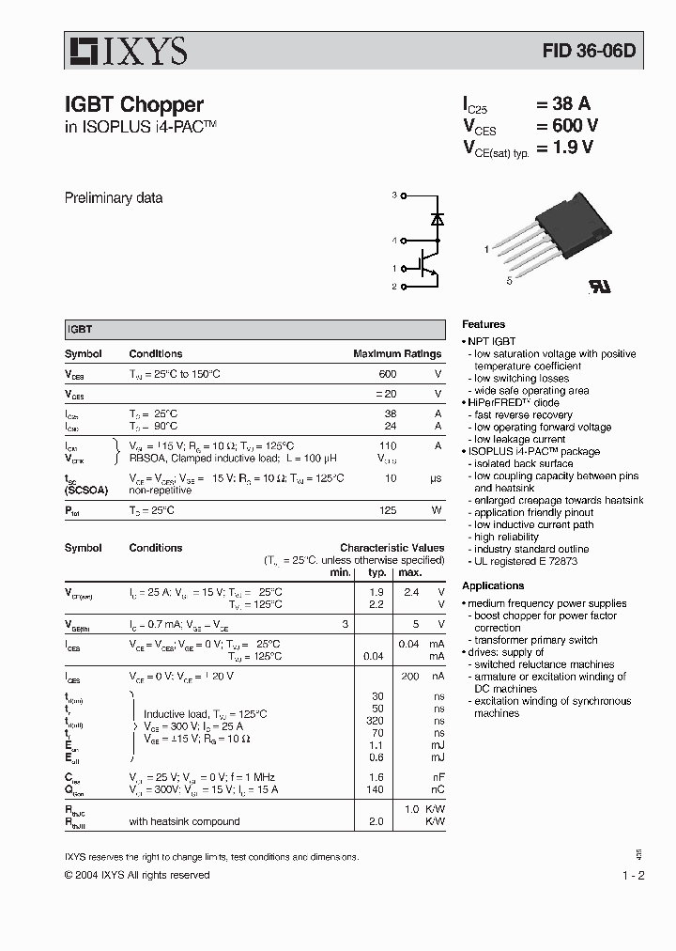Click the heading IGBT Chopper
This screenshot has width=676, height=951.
[x=133, y=105]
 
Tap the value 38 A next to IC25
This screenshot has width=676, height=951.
[x=563, y=104]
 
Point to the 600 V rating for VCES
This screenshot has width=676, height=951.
[x=567, y=126]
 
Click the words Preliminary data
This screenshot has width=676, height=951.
[x=113, y=198]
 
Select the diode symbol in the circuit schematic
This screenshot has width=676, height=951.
[x=437, y=218]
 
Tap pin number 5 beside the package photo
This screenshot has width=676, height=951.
[x=509, y=280]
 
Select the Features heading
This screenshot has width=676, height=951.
[x=484, y=324]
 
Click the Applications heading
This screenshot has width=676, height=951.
[x=493, y=585]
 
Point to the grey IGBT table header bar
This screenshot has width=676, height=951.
[x=254, y=330]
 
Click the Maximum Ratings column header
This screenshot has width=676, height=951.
[x=396, y=354]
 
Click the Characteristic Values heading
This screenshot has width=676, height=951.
[x=392, y=548]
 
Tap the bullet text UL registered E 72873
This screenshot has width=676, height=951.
[x=525, y=561]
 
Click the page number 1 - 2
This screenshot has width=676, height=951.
[x=633, y=875]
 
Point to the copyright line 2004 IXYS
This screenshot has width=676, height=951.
[x=137, y=875]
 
